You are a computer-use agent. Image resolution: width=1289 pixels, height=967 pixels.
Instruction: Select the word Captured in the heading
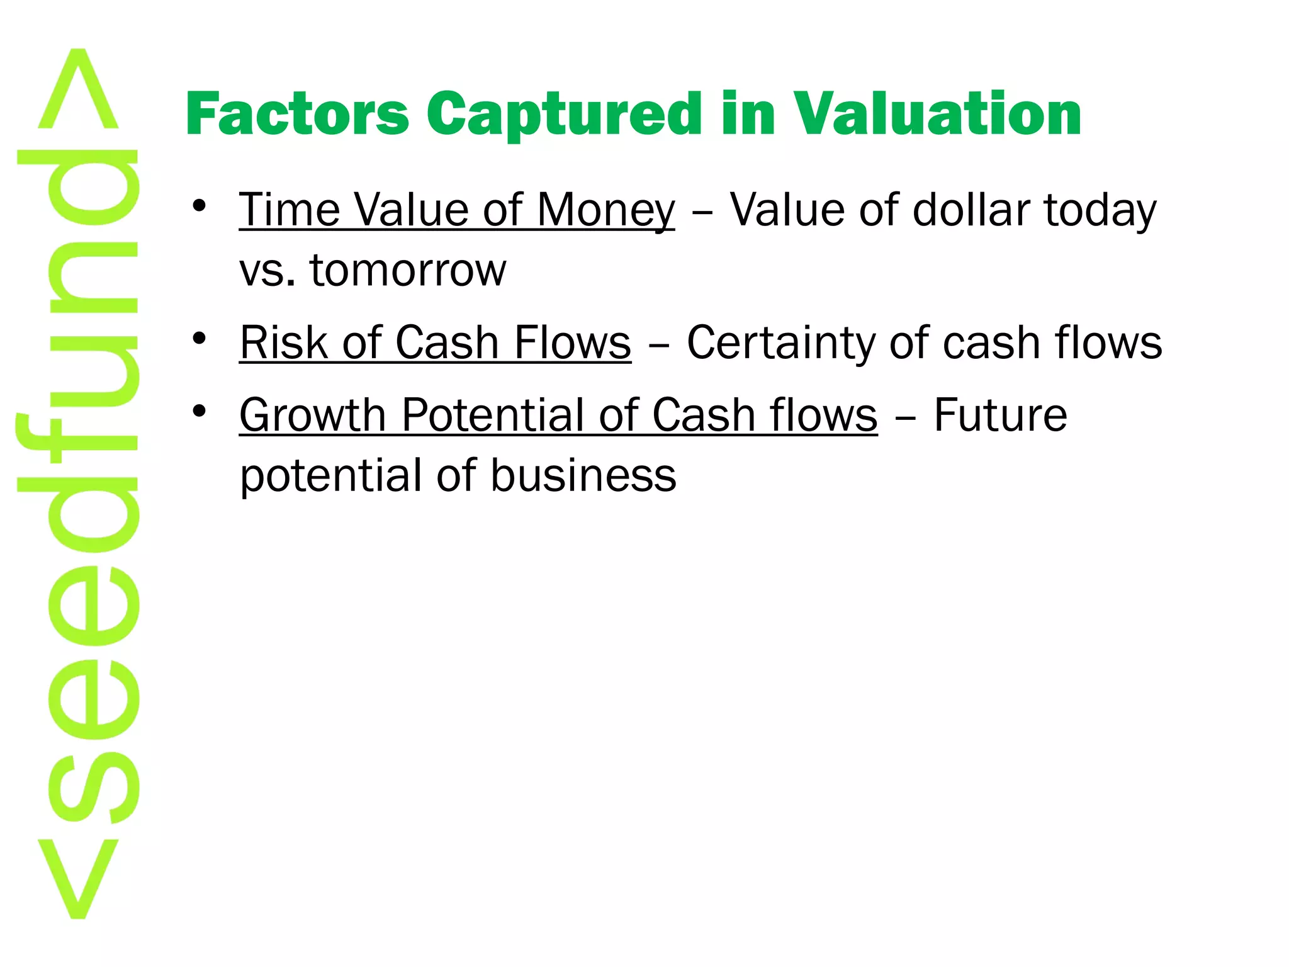tap(564, 115)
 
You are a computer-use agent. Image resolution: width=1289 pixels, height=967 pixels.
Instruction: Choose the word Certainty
tap(781, 344)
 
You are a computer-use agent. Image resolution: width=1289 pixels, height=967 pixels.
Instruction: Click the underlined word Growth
tap(312, 416)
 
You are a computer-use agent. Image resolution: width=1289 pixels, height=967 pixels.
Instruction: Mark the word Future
tap(1000, 415)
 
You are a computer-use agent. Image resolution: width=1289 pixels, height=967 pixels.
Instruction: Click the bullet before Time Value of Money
tap(200, 206)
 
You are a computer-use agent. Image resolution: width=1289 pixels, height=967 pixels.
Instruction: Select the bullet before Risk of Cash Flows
tap(200, 339)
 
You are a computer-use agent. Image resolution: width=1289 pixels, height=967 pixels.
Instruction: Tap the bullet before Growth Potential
tap(200, 412)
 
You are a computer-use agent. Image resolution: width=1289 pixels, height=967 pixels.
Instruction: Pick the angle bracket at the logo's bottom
tap(78, 878)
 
